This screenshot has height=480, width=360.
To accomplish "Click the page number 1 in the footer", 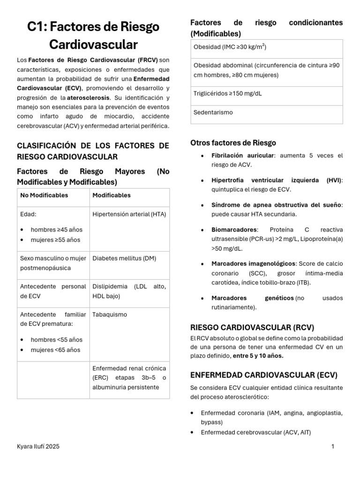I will (x=333, y=447).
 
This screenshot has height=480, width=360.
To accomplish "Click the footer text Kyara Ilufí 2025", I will (x=38, y=447).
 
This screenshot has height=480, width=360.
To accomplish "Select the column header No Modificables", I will (x=44, y=195).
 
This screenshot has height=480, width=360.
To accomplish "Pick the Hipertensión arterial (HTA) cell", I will (x=129, y=214).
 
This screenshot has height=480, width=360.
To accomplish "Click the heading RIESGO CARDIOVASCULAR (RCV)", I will (x=252, y=327).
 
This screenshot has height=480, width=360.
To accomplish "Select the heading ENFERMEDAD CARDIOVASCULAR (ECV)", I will (x=264, y=375).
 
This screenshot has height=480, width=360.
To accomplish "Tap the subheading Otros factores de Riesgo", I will (x=233, y=143).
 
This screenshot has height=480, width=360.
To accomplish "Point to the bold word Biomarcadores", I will (x=234, y=230).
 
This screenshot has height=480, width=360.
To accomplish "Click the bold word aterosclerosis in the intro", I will (x=89, y=97).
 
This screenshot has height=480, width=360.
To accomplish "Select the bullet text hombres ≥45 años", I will (x=56, y=230).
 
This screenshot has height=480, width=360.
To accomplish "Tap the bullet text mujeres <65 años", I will (x=55, y=350).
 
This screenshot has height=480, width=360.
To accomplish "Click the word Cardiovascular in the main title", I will (x=93, y=45).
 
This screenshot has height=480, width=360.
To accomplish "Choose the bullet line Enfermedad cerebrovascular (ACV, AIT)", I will (x=255, y=432).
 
